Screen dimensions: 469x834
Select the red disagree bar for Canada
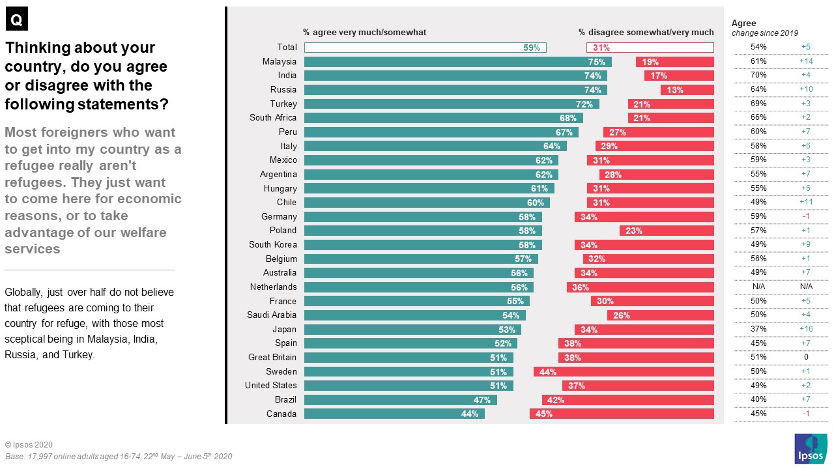(x=622, y=414)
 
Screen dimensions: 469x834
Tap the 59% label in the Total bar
(x=531, y=48)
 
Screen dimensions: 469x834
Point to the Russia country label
(x=283, y=90)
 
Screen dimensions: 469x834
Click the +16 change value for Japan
(x=805, y=329)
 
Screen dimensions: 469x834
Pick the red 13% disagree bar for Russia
(x=687, y=90)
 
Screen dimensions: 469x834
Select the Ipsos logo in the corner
(x=811, y=449)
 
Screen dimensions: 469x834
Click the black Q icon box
(x=17, y=20)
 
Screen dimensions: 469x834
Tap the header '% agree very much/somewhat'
(x=364, y=32)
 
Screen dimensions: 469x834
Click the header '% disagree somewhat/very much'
(x=646, y=32)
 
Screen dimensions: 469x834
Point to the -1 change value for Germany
(x=805, y=216)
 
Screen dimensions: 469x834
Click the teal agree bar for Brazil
(x=400, y=400)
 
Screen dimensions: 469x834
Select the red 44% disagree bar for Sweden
(x=624, y=372)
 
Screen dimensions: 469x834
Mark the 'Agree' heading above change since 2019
(x=743, y=23)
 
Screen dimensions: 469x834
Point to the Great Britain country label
(x=272, y=358)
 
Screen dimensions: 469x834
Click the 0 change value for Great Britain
(x=805, y=358)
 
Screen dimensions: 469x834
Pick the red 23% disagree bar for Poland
(x=667, y=231)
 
